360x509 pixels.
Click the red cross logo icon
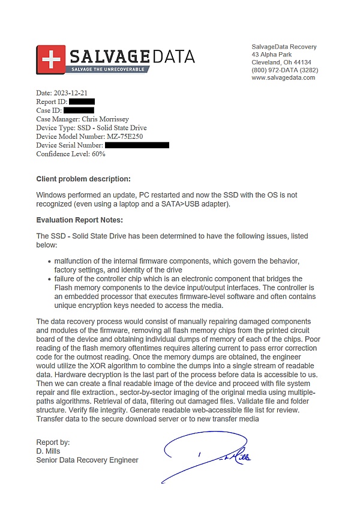[x=51, y=59]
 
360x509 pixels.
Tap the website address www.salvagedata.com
[x=283, y=77]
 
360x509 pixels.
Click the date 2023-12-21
[x=71, y=93]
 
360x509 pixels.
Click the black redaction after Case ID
[x=78, y=110]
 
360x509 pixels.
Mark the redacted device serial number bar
[x=137, y=145]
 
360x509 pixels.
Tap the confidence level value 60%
[x=98, y=154]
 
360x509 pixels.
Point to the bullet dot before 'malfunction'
[x=49, y=262]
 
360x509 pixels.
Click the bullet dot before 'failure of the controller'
[x=49, y=280]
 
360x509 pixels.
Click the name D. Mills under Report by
[x=49, y=451]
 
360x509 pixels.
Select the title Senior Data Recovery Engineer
[x=87, y=460]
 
